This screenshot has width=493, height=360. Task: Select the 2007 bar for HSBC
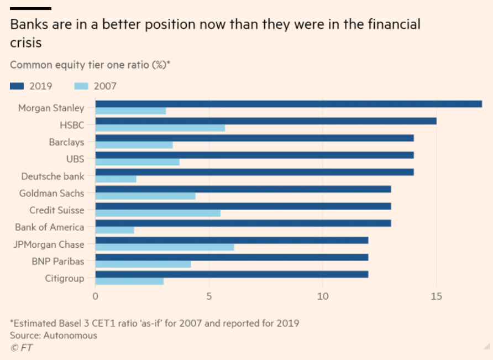(160, 128)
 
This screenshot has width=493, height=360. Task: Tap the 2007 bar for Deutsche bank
(116, 179)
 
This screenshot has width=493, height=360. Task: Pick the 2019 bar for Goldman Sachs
(243, 189)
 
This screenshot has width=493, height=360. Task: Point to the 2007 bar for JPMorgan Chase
(165, 247)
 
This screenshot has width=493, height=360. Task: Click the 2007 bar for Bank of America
(115, 230)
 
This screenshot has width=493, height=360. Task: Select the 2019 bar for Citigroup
(232, 274)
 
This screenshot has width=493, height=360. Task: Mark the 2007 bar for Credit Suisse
(158, 213)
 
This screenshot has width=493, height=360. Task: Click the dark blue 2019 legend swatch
(21, 86)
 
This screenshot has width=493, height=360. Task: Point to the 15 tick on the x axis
(437, 296)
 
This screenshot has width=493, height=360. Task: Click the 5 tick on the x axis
(209, 296)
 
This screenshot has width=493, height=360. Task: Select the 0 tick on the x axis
(96, 296)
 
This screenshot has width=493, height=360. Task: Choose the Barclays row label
(66, 142)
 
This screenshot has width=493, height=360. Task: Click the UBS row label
(75, 159)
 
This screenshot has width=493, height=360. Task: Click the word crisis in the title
(25, 43)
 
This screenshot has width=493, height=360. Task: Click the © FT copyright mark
(20, 347)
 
